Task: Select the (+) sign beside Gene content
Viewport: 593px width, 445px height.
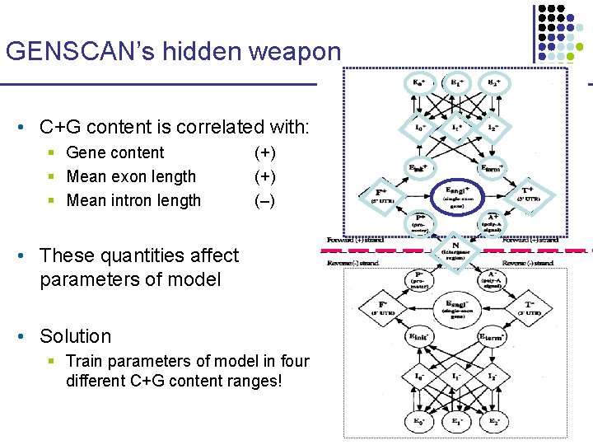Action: coord(265,152)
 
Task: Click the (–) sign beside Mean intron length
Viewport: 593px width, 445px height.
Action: coord(265,200)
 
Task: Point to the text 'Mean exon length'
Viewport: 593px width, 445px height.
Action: coord(131,176)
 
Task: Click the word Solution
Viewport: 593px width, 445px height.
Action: coord(75,336)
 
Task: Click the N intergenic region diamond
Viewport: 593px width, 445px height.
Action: coord(455,250)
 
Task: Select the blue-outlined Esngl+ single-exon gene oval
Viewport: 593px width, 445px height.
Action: coord(455,194)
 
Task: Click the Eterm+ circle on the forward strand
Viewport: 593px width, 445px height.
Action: coord(492,169)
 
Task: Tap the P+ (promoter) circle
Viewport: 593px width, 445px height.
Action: coord(419,222)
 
